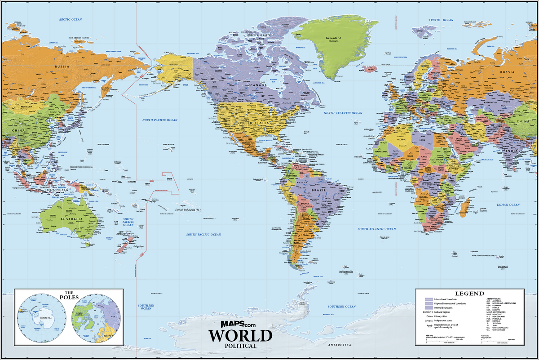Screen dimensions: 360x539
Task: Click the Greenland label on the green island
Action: click(334, 38)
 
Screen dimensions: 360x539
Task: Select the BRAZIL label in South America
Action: click(319, 191)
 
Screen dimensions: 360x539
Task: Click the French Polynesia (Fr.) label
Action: click(188, 209)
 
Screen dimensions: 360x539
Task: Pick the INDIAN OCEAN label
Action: click(508, 205)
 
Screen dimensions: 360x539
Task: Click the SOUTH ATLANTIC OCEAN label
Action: click(376, 229)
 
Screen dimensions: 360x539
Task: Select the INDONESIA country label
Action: click(56, 190)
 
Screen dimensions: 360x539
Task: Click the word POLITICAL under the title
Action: click(240, 346)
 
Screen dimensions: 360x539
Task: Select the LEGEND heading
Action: click(470, 293)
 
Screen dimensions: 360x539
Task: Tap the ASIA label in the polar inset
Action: click(113, 316)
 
